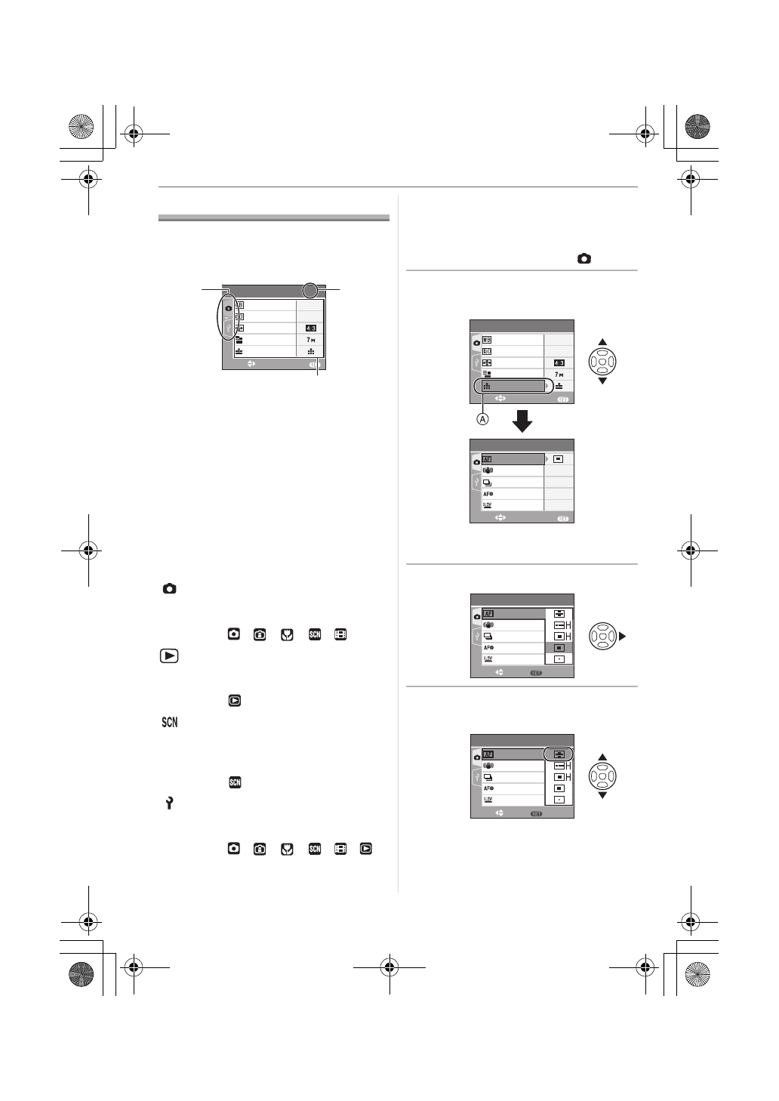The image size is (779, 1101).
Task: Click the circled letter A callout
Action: (x=481, y=418)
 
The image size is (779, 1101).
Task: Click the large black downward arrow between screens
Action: (x=522, y=420)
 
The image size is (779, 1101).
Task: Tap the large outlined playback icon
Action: (x=169, y=655)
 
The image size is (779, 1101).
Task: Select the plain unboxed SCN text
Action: (x=169, y=723)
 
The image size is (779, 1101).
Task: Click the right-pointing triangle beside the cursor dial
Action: (x=623, y=637)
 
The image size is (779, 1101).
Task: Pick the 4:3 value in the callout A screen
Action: (x=559, y=363)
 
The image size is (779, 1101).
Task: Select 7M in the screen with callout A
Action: (x=559, y=375)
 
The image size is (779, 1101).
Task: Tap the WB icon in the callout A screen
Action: (x=487, y=341)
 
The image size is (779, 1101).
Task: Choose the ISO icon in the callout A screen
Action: (x=487, y=352)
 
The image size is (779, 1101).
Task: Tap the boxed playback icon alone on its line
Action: (x=235, y=701)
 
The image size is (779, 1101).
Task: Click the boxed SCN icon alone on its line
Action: (x=235, y=782)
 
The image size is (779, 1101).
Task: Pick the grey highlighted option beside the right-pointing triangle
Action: (x=559, y=647)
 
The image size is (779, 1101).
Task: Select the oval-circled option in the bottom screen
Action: (x=559, y=754)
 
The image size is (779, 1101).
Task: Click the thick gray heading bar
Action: (x=274, y=218)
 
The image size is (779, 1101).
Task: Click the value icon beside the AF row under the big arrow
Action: (x=559, y=458)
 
